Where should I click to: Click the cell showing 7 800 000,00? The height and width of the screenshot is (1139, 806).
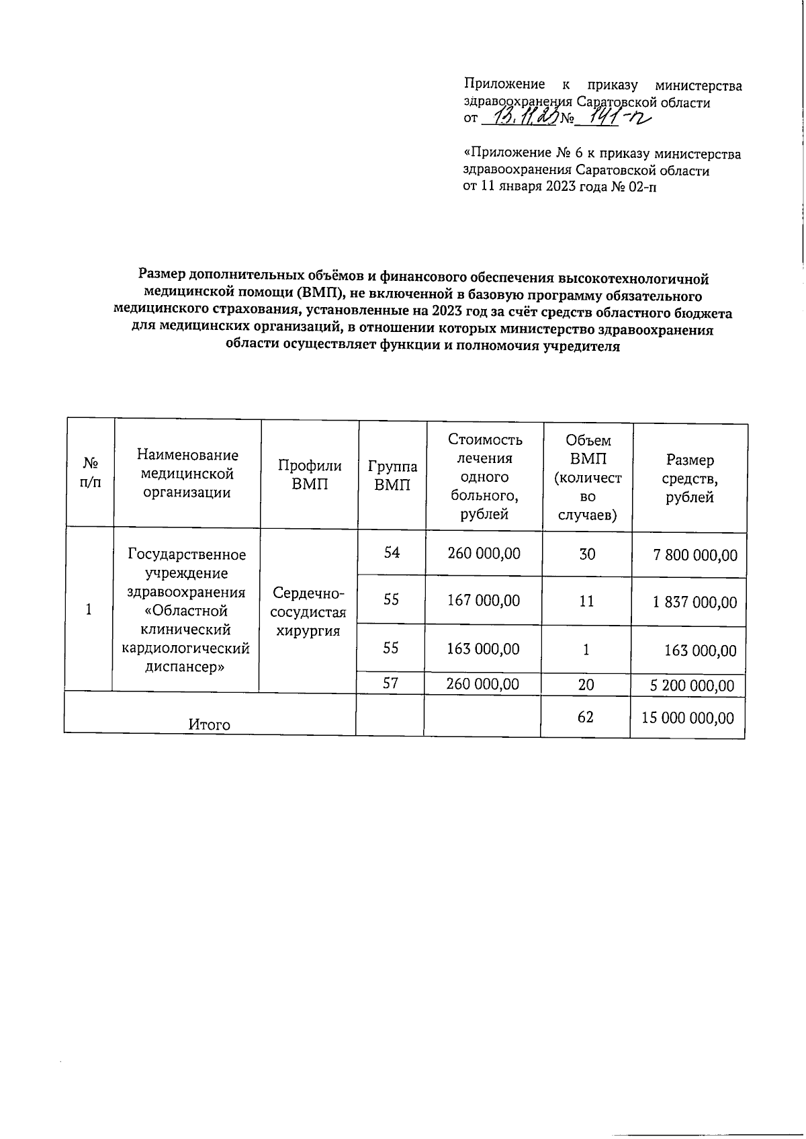point(695,555)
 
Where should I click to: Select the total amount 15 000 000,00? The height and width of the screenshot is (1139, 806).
point(688,718)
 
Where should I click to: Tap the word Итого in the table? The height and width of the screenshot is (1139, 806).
point(209,724)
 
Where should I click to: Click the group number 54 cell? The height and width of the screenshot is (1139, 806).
point(392,552)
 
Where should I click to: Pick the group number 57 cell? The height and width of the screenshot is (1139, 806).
point(391,683)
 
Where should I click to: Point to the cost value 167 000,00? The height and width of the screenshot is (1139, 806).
point(484,600)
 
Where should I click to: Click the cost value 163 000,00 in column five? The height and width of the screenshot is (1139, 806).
point(484,648)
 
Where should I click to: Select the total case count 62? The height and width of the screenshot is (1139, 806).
point(585,717)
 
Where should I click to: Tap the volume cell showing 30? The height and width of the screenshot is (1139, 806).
point(587,554)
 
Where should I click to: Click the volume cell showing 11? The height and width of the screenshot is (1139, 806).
point(586,601)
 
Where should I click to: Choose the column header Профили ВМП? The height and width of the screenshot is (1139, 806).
point(310,474)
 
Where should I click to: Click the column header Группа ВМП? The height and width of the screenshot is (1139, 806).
point(392,476)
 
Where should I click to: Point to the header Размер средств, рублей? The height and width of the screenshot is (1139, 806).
point(690,478)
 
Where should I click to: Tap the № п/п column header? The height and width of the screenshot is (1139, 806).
point(90,473)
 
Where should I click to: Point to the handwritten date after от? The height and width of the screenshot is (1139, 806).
point(521,118)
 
